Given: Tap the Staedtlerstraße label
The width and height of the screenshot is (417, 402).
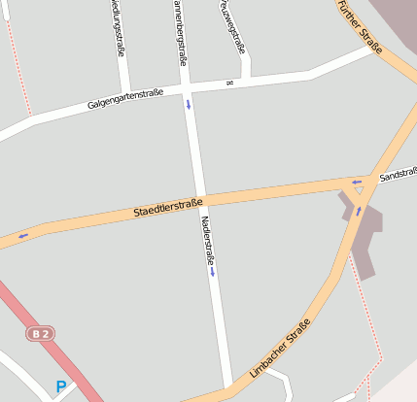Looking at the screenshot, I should pos(167,207).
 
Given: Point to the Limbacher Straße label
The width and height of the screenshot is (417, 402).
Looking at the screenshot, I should pos(280,348).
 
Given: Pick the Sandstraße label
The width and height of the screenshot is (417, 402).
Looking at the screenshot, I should pos(399,176).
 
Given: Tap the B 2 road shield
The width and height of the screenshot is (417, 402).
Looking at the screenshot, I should pos(39,334).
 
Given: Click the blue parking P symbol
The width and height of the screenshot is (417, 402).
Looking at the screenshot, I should pos(60,386).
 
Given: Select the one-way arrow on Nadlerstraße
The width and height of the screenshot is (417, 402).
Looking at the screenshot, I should pos(212,272).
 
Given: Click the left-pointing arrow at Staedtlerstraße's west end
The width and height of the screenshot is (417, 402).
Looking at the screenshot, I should pos(22,236).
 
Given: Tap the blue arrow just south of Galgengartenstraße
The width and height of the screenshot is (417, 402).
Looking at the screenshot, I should pos(188,104).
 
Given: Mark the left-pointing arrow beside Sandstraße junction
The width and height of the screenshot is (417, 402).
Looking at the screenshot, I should pos(357,181).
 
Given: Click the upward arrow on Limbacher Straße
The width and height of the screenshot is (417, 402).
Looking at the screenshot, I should pos(358,211).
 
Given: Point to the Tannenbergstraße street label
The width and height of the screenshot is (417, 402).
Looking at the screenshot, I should pos(180,31).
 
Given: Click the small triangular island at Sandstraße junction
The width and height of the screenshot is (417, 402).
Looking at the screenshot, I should pos(358,190).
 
